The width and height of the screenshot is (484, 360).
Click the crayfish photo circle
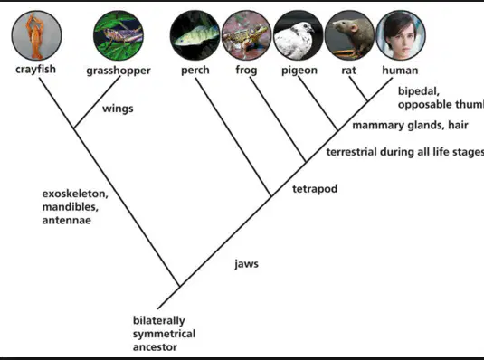click(x=36, y=35)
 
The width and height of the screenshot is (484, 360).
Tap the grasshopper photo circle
click(x=119, y=35)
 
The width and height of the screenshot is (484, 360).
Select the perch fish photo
click(x=195, y=35)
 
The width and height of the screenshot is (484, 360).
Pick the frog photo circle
click(x=247, y=35)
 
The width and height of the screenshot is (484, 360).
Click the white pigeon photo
click(x=299, y=35)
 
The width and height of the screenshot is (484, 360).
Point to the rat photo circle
click(x=349, y=35)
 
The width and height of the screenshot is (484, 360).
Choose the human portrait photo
click(x=401, y=35)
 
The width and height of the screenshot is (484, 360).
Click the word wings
click(x=118, y=109)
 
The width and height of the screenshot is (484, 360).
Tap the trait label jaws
click(x=246, y=264)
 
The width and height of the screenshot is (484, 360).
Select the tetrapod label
click(x=315, y=189)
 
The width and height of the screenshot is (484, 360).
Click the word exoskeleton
click(x=75, y=194)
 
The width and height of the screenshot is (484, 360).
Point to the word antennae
click(x=67, y=221)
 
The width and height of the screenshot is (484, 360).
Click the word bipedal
click(x=419, y=91)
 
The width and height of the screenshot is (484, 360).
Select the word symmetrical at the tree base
click(x=165, y=334)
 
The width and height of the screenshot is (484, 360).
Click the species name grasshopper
click(x=119, y=71)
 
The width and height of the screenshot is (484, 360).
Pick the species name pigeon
click(x=299, y=71)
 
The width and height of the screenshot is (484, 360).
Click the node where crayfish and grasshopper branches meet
click(x=74, y=128)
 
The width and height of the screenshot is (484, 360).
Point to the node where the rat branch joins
click(x=367, y=100)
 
